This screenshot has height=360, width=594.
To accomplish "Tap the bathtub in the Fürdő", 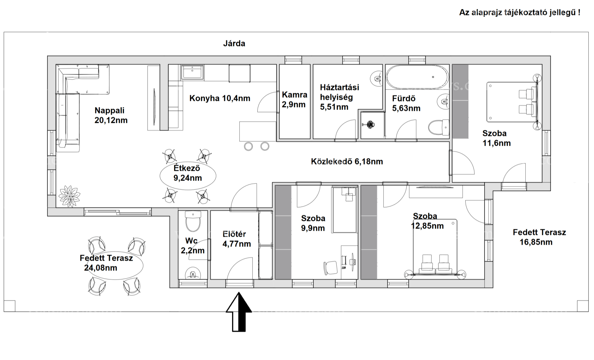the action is (417, 77).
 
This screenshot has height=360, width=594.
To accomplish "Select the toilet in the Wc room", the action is (192, 221).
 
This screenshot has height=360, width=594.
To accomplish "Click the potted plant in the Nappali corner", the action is (69, 196).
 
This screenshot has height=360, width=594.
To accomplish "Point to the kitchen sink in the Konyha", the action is (192, 72).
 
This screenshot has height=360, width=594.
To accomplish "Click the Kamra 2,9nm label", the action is (295, 100).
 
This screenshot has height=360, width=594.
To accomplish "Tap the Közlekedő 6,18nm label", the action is (347, 161).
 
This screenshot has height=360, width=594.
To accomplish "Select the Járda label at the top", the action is (234, 43).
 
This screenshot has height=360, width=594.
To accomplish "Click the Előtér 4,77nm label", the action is (237, 239).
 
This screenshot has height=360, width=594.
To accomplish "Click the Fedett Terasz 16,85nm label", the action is (539, 237).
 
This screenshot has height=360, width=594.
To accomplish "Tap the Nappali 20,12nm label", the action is (111, 115).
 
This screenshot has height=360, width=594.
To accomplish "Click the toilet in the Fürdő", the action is (439, 127).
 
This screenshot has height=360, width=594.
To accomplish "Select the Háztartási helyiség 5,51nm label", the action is (339, 97).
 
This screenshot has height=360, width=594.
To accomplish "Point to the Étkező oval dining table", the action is (188, 176).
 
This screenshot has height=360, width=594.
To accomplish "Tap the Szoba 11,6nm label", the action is (496, 138).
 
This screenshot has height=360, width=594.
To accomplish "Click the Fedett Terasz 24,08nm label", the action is (106, 263).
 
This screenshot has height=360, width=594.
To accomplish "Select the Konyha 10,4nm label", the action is (220, 98).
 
